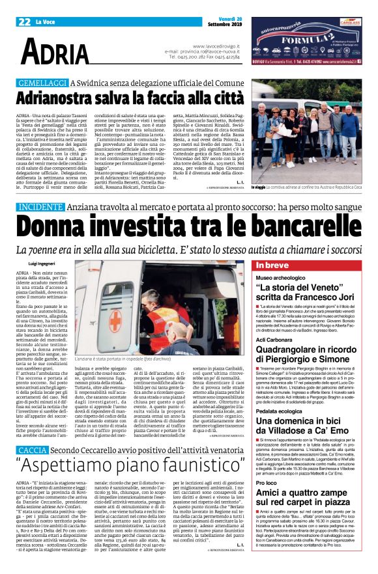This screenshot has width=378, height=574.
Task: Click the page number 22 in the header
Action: [x=24, y=21]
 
